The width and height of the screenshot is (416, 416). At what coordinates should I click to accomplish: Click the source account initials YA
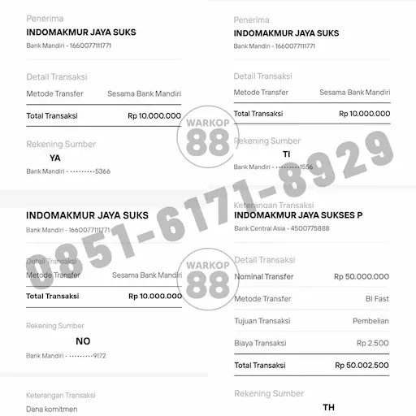pyautogui.click(x=55, y=158)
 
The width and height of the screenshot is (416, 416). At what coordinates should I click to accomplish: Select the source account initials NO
pyautogui.click(x=83, y=341)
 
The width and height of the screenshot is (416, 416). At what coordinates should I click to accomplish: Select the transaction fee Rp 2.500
pyautogui.click(x=373, y=344)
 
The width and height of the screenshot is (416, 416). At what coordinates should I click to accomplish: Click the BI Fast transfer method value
pyautogui.click(x=377, y=299)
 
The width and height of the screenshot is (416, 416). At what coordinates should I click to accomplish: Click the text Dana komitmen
pyautogui.click(x=52, y=409)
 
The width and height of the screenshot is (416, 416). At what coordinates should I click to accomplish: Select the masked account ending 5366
pyautogui.click(x=68, y=171)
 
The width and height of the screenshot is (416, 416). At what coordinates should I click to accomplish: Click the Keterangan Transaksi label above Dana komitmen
pyautogui.click(x=61, y=395)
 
